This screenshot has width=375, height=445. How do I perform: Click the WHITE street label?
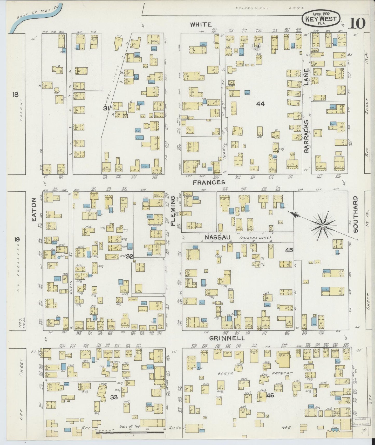pos(201,24)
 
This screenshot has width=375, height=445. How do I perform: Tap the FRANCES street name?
pos(209,183)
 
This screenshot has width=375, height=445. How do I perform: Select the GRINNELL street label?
pos(227,338)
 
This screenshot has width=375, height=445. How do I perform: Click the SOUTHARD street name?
pos(355,214)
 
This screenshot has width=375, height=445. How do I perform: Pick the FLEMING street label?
pos(173,210)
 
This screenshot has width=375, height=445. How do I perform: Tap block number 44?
pos(260,104)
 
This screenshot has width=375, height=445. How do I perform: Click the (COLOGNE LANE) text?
pos(255,238)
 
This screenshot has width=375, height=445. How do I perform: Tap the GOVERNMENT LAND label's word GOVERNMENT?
pos(251,8)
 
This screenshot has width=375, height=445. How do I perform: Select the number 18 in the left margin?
pos(15,95)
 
